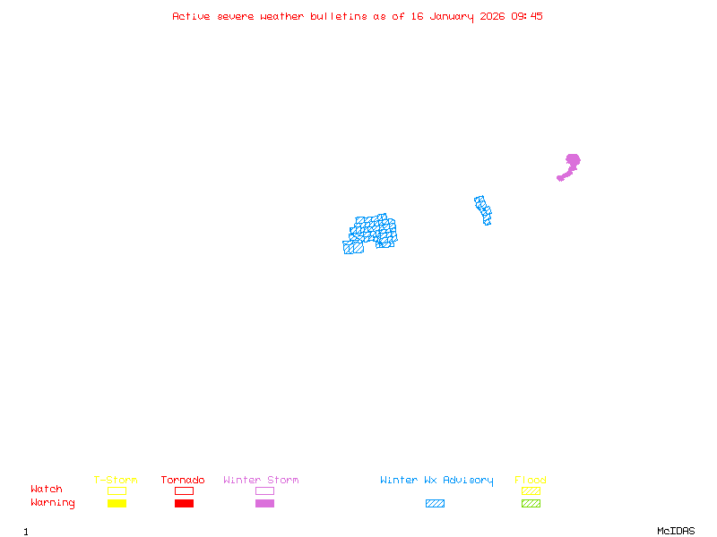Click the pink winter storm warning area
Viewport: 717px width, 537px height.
[572, 162]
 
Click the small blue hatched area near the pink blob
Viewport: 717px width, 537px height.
[483, 209]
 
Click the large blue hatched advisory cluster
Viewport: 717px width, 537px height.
[372, 233]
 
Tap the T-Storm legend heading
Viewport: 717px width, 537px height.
[116, 481]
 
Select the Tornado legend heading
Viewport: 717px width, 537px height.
[183, 481]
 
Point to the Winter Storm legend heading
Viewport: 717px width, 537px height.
[261, 481]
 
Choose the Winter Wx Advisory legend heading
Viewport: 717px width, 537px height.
[436, 481]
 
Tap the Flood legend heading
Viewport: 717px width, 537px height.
[531, 481]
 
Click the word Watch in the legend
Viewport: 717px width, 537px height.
[47, 490]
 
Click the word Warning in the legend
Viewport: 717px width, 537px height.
[53, 503]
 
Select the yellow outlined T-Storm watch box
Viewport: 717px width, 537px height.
[117, 490]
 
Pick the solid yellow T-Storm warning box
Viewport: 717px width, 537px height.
[117, 504]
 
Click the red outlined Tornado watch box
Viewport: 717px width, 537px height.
[184, 490]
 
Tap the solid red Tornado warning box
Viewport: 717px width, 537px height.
[184, 504]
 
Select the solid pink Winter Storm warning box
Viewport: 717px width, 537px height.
[264, 504]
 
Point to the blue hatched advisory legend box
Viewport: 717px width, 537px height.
[435, 504]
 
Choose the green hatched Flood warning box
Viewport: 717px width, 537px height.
[531, 504]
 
